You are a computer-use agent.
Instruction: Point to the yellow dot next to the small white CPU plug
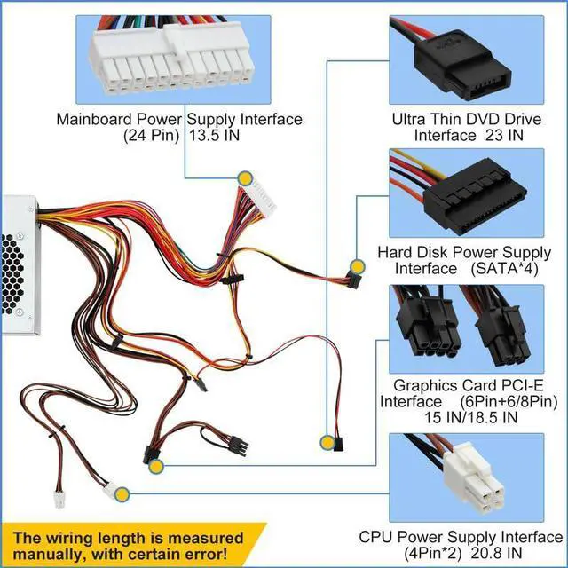coord(130,492)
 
